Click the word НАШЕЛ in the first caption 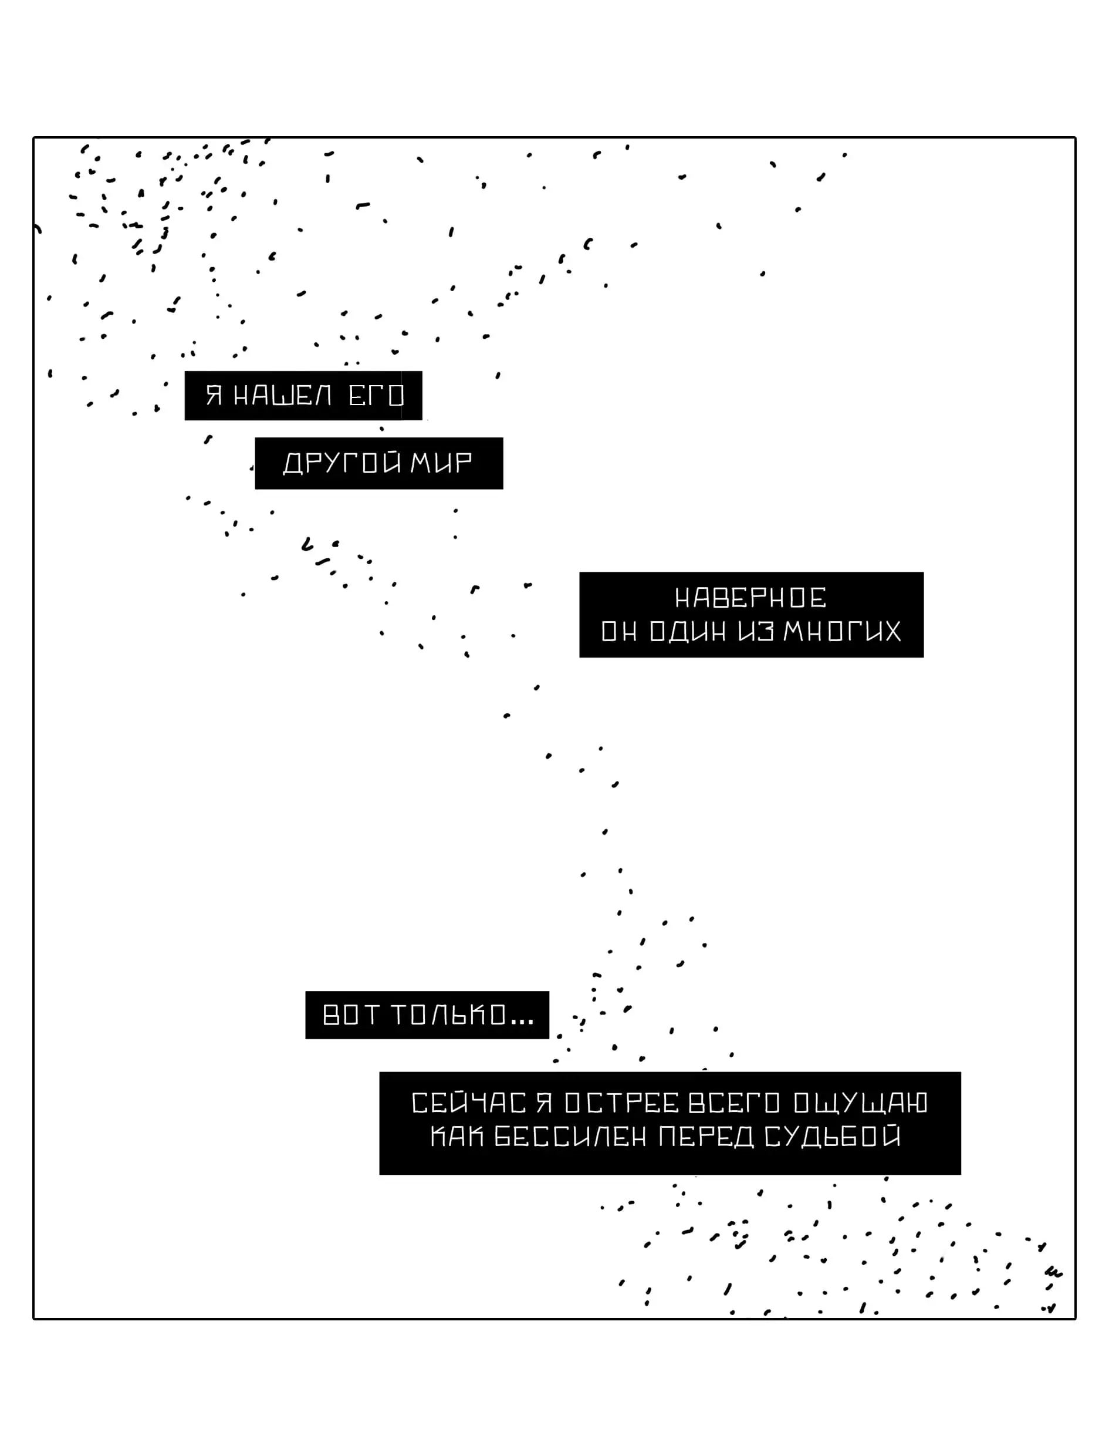point(283,396)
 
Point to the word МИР point(441,463)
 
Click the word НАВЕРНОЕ point(750,598)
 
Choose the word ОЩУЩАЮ point(860,1103)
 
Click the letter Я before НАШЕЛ point(213,396)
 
